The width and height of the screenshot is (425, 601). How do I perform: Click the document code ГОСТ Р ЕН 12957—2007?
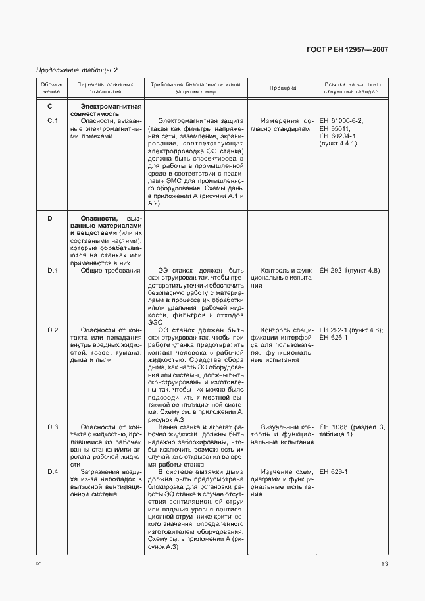356,50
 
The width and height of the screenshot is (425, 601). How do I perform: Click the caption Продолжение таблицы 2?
76,70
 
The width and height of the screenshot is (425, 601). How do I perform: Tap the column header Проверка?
283,88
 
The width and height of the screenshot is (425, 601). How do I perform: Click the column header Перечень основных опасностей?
105,88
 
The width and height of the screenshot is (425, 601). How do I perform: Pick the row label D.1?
53,271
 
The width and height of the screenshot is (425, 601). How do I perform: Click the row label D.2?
53,330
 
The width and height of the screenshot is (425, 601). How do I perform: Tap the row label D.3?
53,427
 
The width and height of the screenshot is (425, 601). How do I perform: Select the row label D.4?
53,472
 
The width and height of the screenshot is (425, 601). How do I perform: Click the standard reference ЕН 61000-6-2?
341,120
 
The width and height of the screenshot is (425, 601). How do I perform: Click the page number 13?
384,563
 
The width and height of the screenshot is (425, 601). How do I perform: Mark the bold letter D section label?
50,218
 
